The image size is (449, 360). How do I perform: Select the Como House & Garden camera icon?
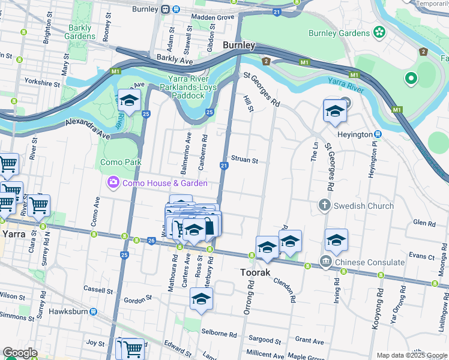coord(112,182)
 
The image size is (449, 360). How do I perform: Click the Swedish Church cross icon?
coord(325,205)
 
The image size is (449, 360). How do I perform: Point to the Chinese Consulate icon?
coord(325,262)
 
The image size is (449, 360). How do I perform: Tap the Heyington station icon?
coord(378,134)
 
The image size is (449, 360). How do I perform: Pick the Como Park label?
coord(121,162)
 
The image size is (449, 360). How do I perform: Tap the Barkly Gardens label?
coord(80,32)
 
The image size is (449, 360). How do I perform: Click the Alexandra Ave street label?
coord(88,128)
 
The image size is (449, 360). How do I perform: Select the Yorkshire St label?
coord(42,80)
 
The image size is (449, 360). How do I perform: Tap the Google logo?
coord(20,353)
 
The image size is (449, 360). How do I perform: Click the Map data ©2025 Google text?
coord(411,355)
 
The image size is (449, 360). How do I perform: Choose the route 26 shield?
coord(151,241)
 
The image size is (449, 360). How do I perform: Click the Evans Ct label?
coord(420,256)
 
